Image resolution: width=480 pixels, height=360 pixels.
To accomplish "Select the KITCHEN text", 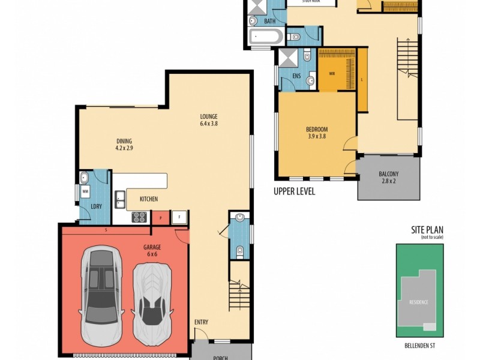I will (x=149, y=199).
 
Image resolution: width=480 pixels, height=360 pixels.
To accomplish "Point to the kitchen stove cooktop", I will (x=140, y=217).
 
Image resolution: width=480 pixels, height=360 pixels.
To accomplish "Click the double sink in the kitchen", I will (x=119, y=199).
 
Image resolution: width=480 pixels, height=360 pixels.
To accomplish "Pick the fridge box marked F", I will (x=179, y=217).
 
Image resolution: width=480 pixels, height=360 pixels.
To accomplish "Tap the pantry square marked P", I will (x=160, y=217).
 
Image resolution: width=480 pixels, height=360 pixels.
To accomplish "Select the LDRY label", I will (x=95, y=207).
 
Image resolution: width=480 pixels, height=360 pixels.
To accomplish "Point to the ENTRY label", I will (x=201, y=322).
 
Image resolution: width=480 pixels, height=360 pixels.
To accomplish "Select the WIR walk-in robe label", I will (x=332, y=74).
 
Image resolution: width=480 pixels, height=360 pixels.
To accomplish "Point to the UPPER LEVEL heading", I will (x=294, y=192).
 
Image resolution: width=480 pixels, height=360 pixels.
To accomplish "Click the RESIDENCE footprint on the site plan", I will (x=419, y=302).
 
